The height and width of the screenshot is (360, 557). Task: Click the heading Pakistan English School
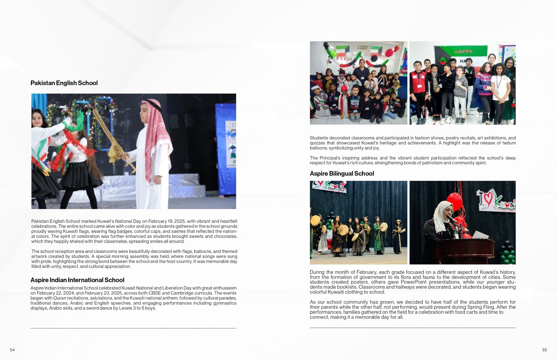[64, 83]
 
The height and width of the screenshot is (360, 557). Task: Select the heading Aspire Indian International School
[77, 280]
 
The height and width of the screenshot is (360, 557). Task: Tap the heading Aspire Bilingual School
[342, 174]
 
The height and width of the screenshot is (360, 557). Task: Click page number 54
[12, 350]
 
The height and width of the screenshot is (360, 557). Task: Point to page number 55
[544, 350]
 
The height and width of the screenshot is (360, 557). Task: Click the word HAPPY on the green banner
[463, 52]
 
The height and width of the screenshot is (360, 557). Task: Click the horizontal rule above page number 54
[133, 328]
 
